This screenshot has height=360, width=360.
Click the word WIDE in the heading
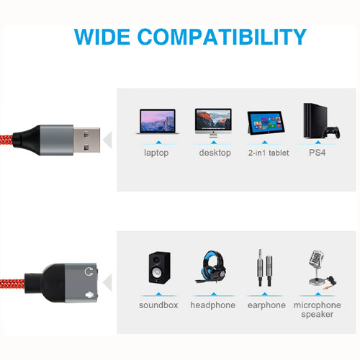coord(102,37)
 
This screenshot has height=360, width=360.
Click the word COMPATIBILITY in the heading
coord(222,37)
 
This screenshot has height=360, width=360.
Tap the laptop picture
coord(158,121)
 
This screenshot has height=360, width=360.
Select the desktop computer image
coord(213,122)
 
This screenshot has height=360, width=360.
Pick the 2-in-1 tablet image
coord(266,123)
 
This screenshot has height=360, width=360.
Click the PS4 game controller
coord(331,132)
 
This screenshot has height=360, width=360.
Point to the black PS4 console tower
coord(315,120)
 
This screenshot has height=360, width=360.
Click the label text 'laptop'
coord(156,153)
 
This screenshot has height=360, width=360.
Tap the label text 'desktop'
coord(215,153)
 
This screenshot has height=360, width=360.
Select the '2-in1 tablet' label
coord(269,153)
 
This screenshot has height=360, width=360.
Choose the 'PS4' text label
coord(317,153)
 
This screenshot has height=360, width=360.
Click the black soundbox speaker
coord(160,268)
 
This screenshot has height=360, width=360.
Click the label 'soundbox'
coord(158,305)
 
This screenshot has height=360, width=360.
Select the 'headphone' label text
coord(213,305)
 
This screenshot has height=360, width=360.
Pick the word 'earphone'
coord(266,305)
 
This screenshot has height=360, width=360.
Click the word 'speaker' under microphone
coord(318,315)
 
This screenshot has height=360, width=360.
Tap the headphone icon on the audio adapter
coord(89,271)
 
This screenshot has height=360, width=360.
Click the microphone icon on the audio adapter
coord(89,295)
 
